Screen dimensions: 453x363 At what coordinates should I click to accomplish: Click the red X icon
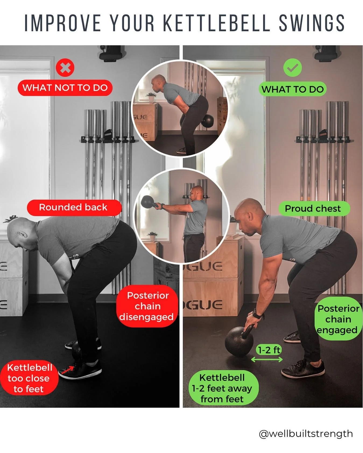[x=65, y=68]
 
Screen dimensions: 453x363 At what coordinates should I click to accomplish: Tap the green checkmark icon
[x=292, y=68]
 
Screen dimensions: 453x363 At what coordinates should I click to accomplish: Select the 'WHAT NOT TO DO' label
[x=65, y=88]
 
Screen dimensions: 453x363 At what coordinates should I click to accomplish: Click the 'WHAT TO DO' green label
[x=292, y=89]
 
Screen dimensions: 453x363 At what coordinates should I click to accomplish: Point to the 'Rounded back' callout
[x=73, y=207]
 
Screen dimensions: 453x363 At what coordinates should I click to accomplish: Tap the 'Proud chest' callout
[x=313, y=209]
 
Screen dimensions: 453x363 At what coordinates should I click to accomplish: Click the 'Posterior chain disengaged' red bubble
[x=147, y=306]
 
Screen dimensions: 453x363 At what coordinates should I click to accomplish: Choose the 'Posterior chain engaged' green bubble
[x=338, y=319]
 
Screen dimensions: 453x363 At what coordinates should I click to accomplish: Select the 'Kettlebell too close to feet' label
[x=29, y=378]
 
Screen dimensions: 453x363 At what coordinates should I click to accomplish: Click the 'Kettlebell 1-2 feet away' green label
[x=222, y=388]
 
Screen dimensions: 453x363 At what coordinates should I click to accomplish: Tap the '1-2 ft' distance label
[x=269, y=350]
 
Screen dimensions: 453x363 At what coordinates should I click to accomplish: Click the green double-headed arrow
[x=267, y=359]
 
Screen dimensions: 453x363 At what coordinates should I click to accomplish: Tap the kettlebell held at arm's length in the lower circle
[x=148, y=202]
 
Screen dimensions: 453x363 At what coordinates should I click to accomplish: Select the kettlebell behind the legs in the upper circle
[x=207, y=121]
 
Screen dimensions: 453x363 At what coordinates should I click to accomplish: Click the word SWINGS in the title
[x=312, y=23]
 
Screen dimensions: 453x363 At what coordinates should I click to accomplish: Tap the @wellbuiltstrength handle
[x=306, y=434]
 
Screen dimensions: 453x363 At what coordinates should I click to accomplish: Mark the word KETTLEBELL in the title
[x=216, y=23]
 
